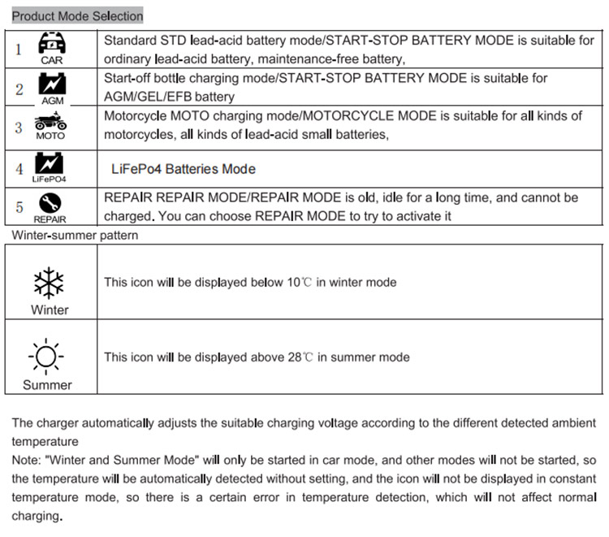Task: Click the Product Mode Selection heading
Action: point(78,15)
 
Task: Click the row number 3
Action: point(19,128)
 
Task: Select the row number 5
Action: point(19,207)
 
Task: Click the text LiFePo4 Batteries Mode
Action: point(184,169)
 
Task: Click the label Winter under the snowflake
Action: point(50,310)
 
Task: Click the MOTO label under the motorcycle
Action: point(50,136)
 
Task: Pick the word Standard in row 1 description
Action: point(129,40)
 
